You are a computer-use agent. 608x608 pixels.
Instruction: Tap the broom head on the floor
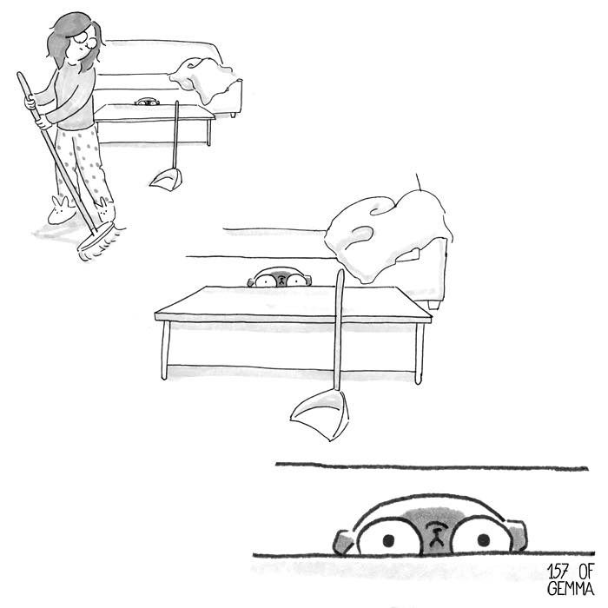pos(97,241)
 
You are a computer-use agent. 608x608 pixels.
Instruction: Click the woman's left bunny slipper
pos(61,211)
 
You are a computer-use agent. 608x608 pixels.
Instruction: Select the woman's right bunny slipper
pos(106,209)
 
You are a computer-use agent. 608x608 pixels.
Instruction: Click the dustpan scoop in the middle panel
pos(321,413)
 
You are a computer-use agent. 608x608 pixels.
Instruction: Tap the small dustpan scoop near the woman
pos(165,179)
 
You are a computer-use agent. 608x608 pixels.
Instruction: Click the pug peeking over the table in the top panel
pos(147,102)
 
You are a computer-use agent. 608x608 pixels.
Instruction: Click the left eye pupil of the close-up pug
pos(388,539)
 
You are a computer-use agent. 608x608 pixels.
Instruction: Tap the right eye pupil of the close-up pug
pos(484,539)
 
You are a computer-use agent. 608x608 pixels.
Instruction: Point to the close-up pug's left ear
pos(344,542)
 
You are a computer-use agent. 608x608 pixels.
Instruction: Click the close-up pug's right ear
pos(517,534)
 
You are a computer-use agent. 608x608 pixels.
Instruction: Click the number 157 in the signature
pos(559,572)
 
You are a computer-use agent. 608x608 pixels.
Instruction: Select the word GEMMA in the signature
pos(571,588)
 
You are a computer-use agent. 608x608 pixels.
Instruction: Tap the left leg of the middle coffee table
pos(166,350)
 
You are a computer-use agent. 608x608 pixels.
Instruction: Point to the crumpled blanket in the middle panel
pos(387,235)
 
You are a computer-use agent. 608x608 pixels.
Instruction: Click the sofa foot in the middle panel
pos(434,304)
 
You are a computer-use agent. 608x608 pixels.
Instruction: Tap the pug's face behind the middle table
pos(279,278)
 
